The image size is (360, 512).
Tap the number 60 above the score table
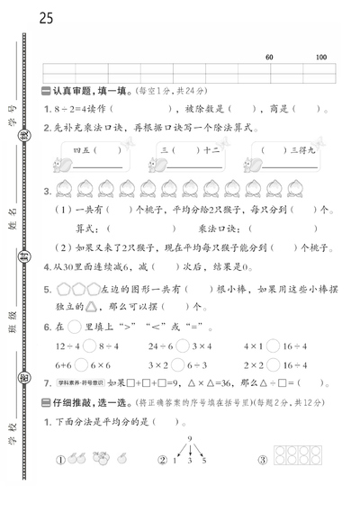(270, 58)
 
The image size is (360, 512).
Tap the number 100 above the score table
(321, 58)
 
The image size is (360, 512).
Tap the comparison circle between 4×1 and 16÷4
(271, 345)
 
